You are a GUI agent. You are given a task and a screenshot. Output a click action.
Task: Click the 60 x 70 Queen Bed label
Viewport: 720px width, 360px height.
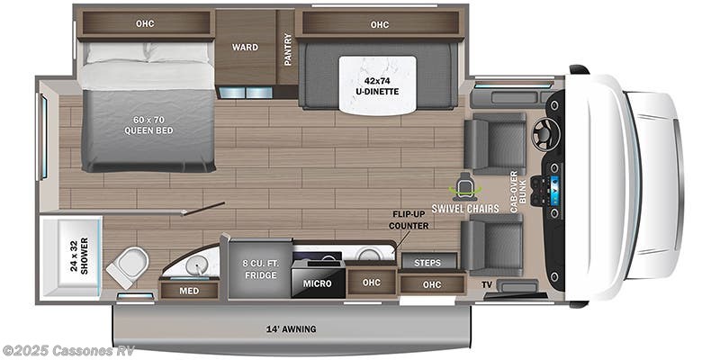[x=148, y=124]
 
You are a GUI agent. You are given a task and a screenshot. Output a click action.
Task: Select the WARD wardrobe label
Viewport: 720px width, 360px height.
[x=245, y=47]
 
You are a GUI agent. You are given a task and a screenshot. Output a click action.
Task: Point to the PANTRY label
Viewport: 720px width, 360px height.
[x=287, y=49]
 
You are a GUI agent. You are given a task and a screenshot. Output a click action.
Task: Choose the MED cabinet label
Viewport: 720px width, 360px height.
[x=189, y=290]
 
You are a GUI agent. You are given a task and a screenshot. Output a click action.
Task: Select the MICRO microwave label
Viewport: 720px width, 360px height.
[x=317, y=283]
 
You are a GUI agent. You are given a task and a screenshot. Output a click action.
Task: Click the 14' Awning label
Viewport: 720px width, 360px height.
[x=291, y=328]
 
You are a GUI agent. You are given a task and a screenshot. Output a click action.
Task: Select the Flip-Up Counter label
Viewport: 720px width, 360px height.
[x=409, y=220]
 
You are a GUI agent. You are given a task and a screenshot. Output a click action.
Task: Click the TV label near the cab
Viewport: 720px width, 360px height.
[x=486, y=284]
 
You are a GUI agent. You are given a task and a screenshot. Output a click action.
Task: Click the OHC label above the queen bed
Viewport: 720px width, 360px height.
[x=145, y=24]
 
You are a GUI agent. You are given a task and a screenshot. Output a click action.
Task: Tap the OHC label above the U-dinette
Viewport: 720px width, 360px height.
[x=379, y=24]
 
